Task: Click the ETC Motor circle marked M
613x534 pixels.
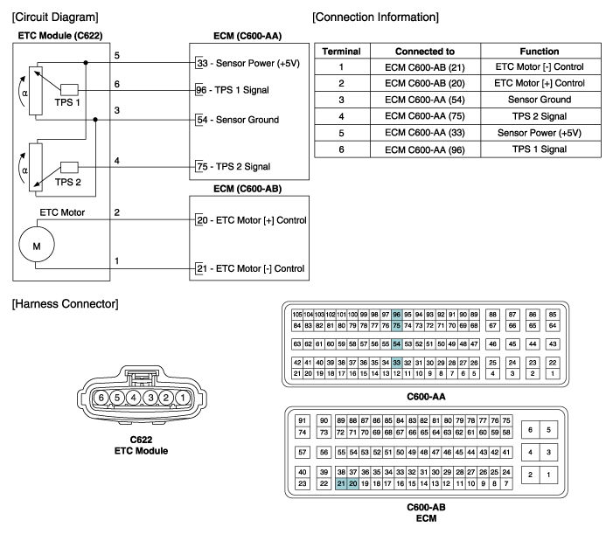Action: click(x=37, y=245)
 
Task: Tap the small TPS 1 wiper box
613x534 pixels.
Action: click(x=69, y=89)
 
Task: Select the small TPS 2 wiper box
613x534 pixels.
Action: click(x=69, y=167)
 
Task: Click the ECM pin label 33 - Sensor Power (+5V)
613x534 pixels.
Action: click(x=248, y=63)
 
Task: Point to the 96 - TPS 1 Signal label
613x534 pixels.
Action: click(x=233, y=90)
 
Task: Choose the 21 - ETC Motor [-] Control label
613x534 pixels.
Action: click(x=251, y=269)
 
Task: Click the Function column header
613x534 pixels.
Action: click(x=540, y=52)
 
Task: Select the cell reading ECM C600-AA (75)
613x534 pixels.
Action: click(x=425, y=116)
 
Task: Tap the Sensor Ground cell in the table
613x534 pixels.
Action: click(x=540, y=100)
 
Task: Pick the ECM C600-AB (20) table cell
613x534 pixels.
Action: click(x=425, y=83)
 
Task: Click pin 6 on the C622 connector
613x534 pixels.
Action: click(x=101, y=398)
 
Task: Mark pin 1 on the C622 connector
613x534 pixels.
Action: click(x=182, y=398)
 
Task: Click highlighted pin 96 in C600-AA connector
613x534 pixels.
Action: click(x=397, y=315)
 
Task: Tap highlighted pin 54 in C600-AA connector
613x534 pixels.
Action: click(x=397, y=344)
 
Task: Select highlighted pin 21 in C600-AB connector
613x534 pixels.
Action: click(x=341, y=483)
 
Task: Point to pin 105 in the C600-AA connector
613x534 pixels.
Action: click(x=297, y=315)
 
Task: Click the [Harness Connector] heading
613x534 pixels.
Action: click(x=66, y=304)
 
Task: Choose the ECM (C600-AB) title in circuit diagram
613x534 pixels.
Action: click(x=247, y=189)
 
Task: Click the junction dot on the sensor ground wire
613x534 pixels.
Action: click(x=95, y=120)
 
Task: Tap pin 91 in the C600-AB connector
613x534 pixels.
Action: click(x=303, y=420)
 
